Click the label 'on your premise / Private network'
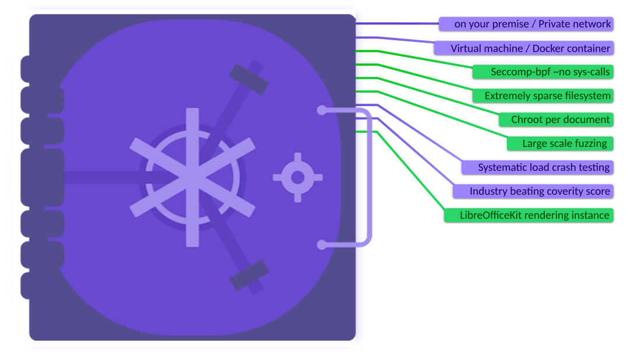[526, 24]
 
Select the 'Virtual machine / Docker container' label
[523, 48]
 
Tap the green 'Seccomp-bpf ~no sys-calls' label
[543, 72]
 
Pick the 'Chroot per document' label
[556, 119]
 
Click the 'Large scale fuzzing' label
[559, 143]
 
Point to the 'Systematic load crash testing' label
[537, 167]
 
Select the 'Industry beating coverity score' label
[533, 191]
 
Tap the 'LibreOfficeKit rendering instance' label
[529, 215]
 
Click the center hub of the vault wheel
[192, 177]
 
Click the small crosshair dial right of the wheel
[298, 177]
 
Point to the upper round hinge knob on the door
[322, 110]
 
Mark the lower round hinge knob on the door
[322, 245]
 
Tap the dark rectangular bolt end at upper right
[249, 79]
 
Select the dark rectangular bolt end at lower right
[249, 275]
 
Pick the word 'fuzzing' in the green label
[590, 143]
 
